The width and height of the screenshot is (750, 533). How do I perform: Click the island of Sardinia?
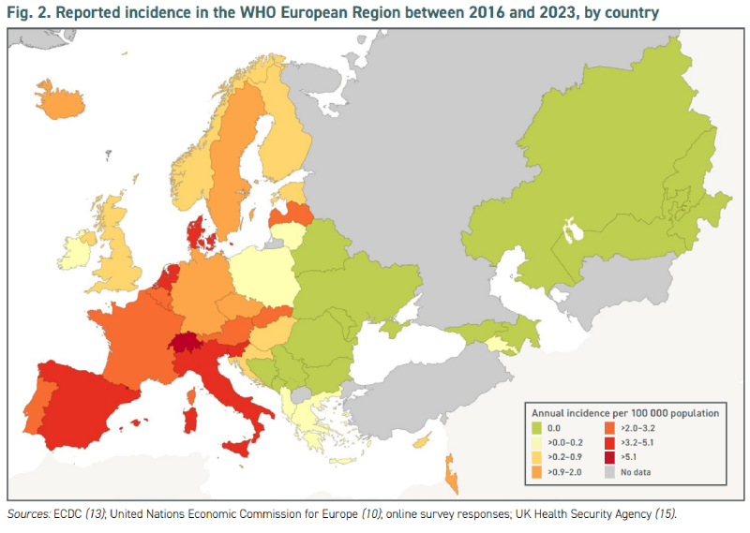191,419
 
